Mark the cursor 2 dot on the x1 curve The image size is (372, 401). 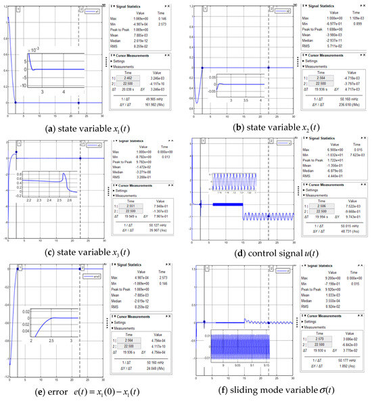[x=80, y=103]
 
